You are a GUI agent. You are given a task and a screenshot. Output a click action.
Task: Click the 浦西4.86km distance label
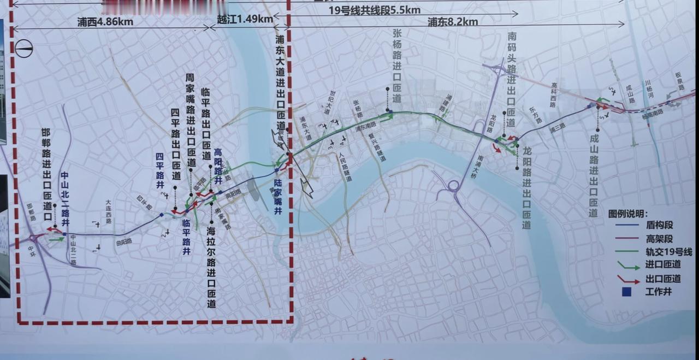click(105, 22)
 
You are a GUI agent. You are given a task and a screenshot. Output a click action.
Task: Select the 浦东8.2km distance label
click(453, 22)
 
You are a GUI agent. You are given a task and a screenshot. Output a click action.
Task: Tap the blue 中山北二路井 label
click(65, 199)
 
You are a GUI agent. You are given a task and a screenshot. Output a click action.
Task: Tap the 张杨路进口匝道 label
click(398, 66)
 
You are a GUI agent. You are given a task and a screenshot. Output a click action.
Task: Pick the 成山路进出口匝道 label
click(594, 175)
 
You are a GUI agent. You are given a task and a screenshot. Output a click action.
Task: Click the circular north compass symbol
click(24, 49)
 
